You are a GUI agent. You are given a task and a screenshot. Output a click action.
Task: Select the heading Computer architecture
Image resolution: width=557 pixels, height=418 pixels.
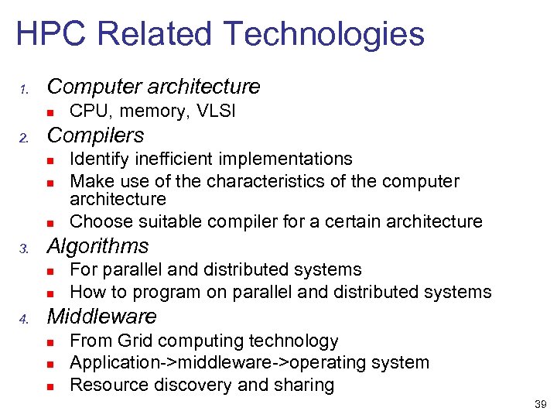(x=153, y=86)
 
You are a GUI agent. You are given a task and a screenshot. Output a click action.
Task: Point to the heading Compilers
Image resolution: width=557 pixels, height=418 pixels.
(x=95, y=135)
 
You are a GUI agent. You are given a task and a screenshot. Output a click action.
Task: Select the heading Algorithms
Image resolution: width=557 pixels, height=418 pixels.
(x=97, y=246)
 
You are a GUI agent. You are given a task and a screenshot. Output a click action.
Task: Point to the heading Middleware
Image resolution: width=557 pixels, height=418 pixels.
(x=101, y=317)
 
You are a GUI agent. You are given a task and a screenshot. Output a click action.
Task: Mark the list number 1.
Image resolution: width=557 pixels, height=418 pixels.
(x=23, y=88)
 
